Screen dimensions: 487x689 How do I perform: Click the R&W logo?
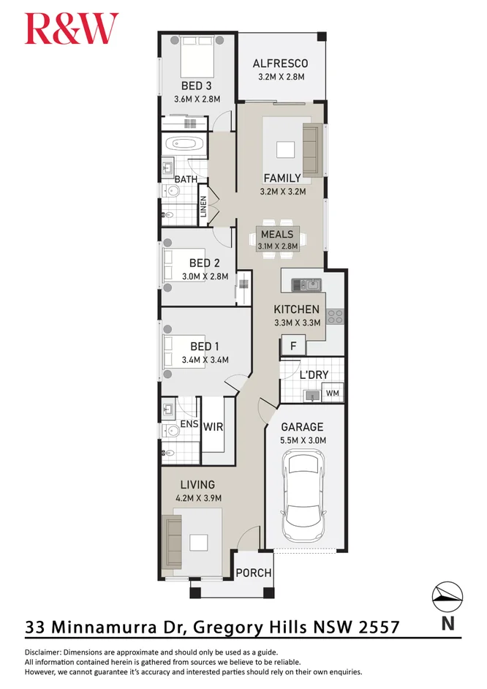pos(72,29)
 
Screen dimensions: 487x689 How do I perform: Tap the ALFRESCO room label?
pos(280,64)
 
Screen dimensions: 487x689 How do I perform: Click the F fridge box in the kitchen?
pos(293,345)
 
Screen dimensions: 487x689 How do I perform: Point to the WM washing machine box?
pos(333,393)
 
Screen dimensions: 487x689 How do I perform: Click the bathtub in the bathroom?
pos(184,144)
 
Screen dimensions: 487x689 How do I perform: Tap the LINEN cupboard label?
pos(203,206)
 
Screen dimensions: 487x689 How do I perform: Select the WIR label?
pos(213,426)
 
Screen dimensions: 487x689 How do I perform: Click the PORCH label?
pos(254,573)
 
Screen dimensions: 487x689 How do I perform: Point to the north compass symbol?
pos(447,597)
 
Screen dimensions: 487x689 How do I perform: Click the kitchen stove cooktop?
pos(336,317)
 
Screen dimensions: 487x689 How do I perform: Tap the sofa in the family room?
pos(311,150)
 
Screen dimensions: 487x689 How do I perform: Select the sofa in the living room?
pos(171,542)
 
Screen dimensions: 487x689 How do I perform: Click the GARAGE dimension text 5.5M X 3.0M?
pos(303,440)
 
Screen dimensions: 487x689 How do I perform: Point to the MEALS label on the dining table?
pos(277,234)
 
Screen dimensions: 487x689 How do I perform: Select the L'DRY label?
pos(314,374)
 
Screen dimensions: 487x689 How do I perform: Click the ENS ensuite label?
pos(189,424)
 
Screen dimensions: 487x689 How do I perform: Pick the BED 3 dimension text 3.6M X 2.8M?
pos(197,99)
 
